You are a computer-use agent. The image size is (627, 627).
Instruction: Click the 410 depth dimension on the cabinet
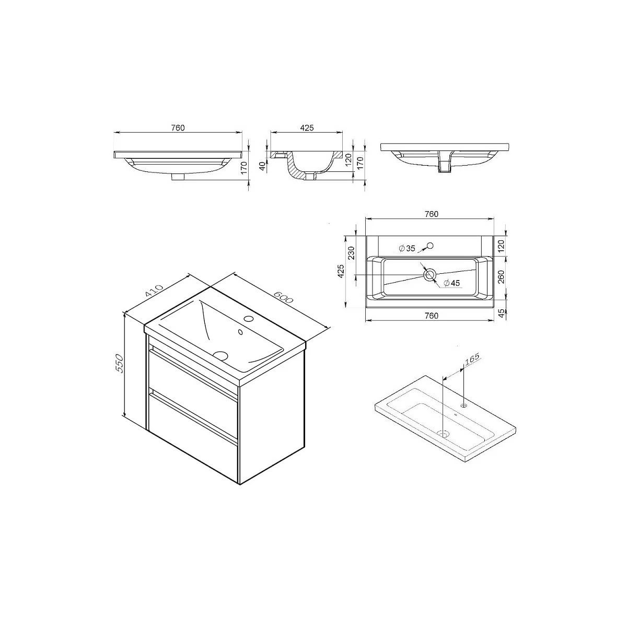154,291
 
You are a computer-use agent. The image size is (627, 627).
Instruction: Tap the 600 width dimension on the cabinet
283,296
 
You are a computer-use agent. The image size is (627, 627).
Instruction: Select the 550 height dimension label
120,364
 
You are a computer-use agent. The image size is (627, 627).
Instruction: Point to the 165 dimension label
472,360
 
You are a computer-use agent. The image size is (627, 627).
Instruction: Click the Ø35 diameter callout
407,249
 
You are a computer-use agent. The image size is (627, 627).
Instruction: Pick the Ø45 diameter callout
451,283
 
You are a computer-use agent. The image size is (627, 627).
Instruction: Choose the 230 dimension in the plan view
351,253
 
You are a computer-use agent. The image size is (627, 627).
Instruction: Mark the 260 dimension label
502,277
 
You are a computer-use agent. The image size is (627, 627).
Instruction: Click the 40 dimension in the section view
263,167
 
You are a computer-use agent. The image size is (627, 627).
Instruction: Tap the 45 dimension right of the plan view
502,313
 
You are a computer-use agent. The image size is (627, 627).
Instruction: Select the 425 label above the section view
307,128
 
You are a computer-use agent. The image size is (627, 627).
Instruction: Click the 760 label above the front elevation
178,128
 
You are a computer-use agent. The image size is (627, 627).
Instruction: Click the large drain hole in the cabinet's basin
222,355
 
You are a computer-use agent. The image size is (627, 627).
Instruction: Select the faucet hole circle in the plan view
431,246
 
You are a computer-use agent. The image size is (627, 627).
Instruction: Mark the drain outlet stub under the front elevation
178,177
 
